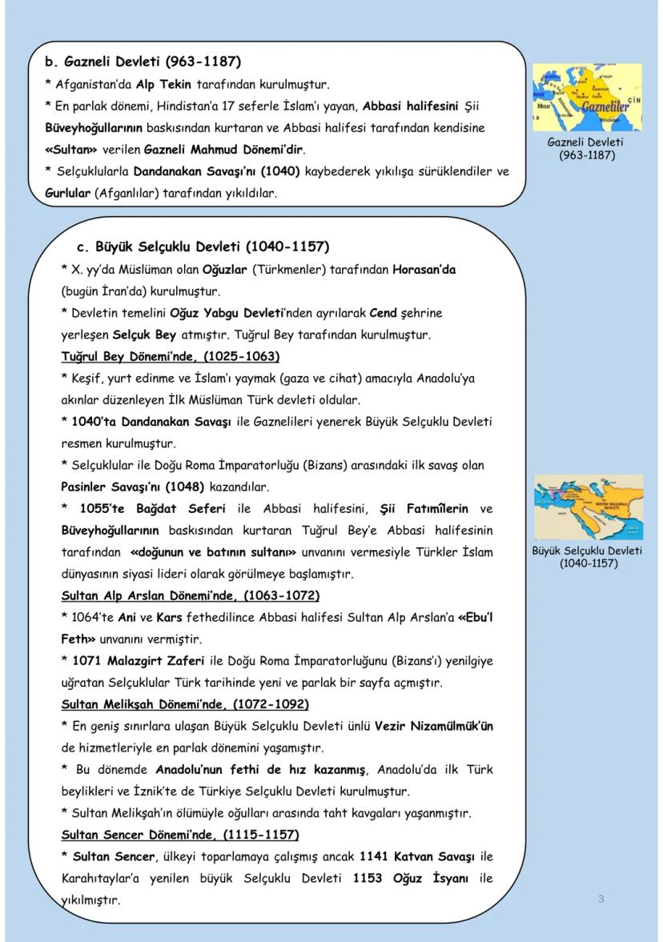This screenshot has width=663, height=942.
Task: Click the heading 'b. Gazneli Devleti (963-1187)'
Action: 143,62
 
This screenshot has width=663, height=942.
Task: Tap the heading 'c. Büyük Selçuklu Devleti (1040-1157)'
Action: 203,247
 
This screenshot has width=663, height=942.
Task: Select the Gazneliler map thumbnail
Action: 588,97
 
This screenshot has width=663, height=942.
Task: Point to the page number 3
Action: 601,899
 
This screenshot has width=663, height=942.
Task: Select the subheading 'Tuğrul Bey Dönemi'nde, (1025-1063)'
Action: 171,356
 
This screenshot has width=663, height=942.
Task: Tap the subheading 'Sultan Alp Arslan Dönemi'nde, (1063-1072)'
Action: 191,595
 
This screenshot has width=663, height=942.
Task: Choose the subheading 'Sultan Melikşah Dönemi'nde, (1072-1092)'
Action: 185,704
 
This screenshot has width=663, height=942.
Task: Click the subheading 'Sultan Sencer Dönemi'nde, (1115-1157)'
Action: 180,835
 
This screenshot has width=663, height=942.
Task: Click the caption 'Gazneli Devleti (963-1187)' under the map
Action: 587,148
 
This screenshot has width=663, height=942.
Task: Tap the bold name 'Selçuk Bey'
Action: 144,335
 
